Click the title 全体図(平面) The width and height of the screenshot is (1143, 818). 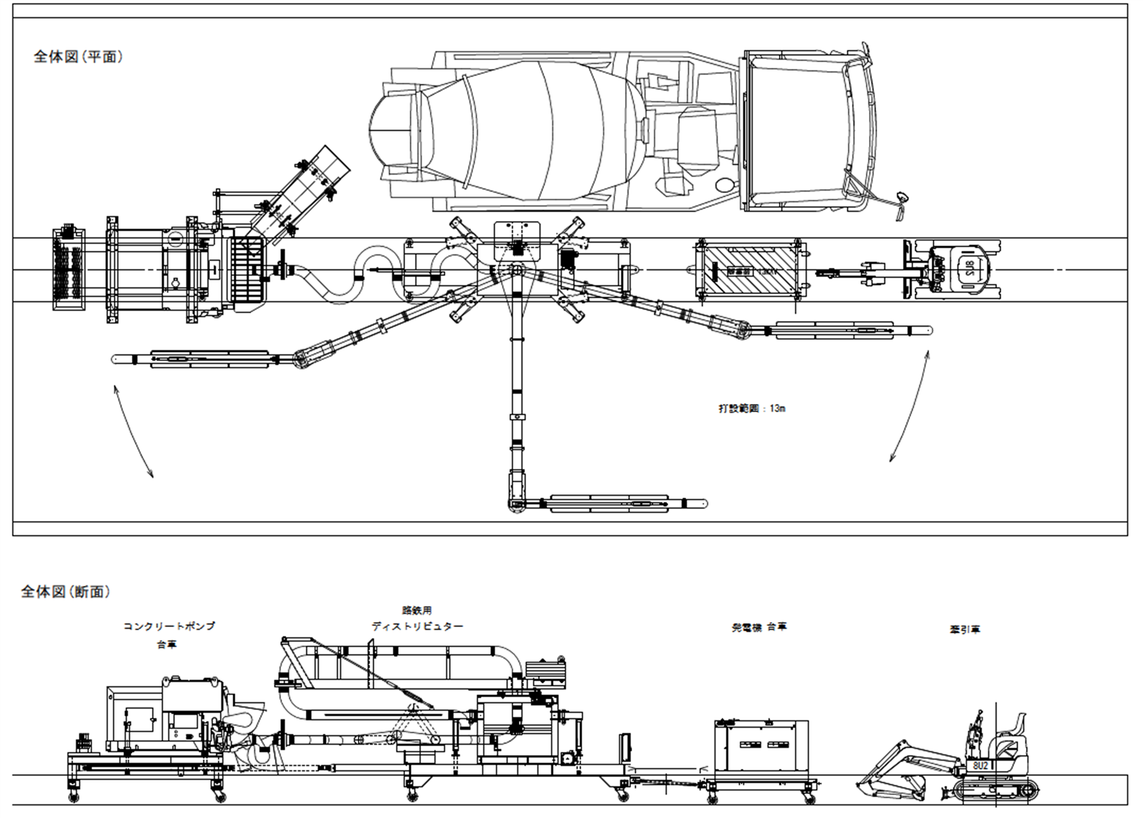tap(78, 57)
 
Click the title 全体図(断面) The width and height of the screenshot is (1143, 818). tap(66, 591)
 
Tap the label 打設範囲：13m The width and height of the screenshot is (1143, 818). tap(752, 408)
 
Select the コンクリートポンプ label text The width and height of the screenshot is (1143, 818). tap(169, 626)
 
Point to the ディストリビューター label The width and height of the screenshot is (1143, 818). tap(417, 627)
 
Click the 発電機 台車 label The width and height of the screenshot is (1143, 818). tap(759, 627)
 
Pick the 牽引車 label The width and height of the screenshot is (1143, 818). tap(965, 629)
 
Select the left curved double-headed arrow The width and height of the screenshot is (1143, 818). tap(133, 431)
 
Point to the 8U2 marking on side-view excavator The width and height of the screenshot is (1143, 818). tap(980, 765)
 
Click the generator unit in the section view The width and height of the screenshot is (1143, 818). tap(761, 745)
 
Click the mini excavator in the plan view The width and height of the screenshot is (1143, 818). tap(952, 270)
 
